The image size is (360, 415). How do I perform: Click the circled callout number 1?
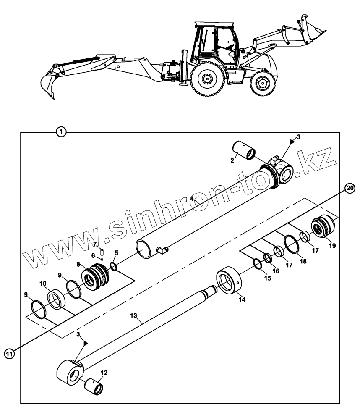[61, 132]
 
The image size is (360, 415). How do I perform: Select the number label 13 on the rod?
[133, 315]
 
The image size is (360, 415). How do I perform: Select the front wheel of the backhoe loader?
[263, 84]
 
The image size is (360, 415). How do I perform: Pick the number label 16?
[275, 272]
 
